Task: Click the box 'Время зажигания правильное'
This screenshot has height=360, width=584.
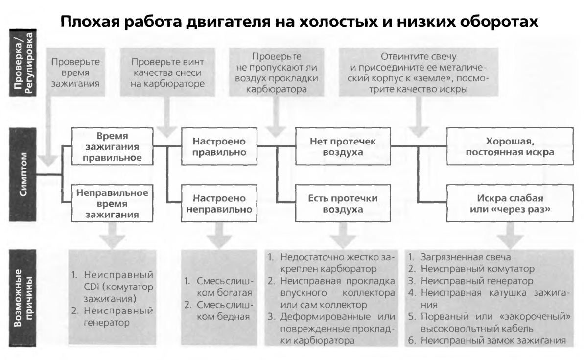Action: (112, 146)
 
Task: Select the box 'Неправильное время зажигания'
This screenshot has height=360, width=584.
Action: (112, 203)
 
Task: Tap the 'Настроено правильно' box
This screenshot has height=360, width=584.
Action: (219, 146)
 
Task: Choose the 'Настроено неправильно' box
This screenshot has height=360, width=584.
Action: (219, 203)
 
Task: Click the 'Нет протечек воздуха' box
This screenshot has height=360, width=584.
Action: (343, 146)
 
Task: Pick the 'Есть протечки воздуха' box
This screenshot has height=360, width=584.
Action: (343, 203)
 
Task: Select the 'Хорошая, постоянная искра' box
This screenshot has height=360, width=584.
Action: (510, 146)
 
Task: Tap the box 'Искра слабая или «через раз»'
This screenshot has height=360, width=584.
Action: (510, 203)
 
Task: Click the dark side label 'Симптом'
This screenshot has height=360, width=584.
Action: (23, 174)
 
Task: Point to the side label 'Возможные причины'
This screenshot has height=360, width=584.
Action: (23, 298)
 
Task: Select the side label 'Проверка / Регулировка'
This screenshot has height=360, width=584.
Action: (23, 63)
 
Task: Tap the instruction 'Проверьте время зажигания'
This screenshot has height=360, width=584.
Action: (75, 72)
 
